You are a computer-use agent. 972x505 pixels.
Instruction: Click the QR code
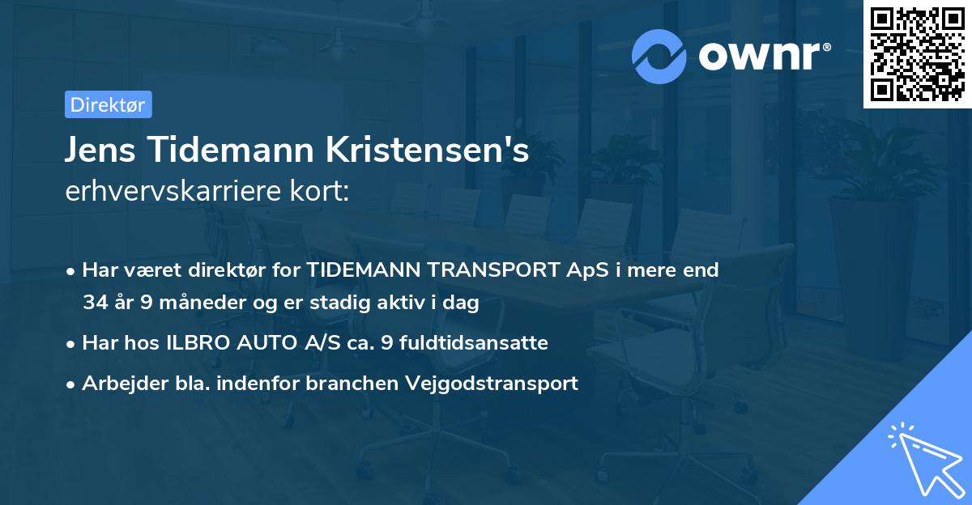(918, 54)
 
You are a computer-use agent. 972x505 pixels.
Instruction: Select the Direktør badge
(108, 104)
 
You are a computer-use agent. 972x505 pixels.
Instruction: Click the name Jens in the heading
(98, 151)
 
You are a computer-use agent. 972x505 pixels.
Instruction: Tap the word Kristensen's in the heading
(428, 151)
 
